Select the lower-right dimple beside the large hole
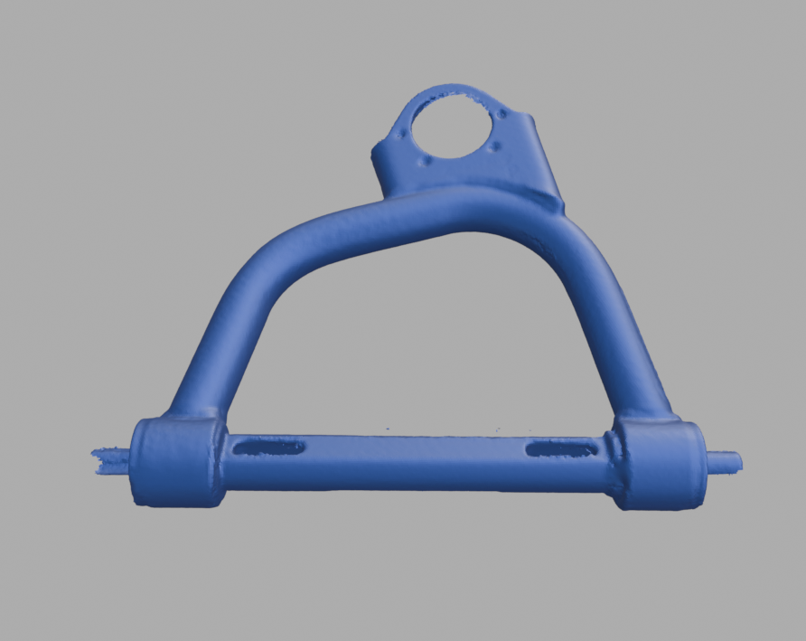click(x=491, y=149)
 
